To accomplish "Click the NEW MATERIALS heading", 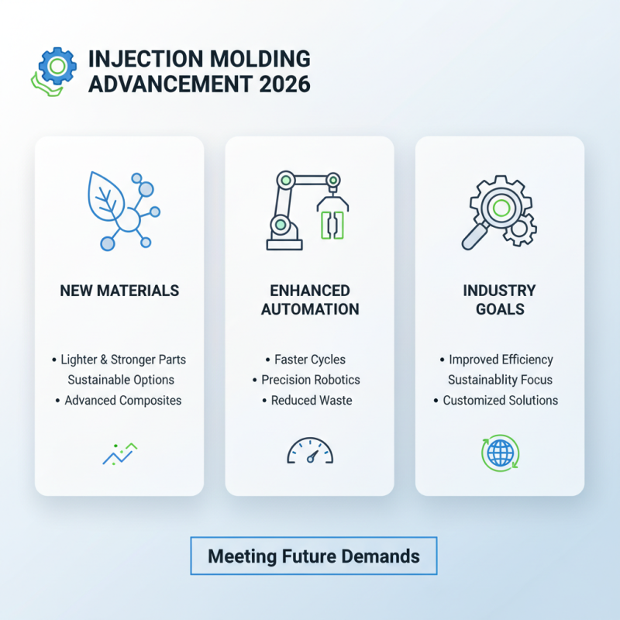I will [x=119, y=291].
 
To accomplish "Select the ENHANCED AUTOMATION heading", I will [x=310, y=300].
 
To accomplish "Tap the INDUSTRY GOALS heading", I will [x=500, y=300].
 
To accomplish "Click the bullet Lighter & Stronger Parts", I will [x=124, y=360].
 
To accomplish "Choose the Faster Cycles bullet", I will [x=310, y=360].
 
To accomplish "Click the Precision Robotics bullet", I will [x=310, y=381].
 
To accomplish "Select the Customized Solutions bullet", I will [x=501, y=401].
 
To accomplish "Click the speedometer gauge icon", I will [x=310, y=451].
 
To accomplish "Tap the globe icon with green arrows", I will [x=500, y=452].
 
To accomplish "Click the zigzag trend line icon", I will [x=119, y=454].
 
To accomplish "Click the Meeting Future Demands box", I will [x=313, y=556].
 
